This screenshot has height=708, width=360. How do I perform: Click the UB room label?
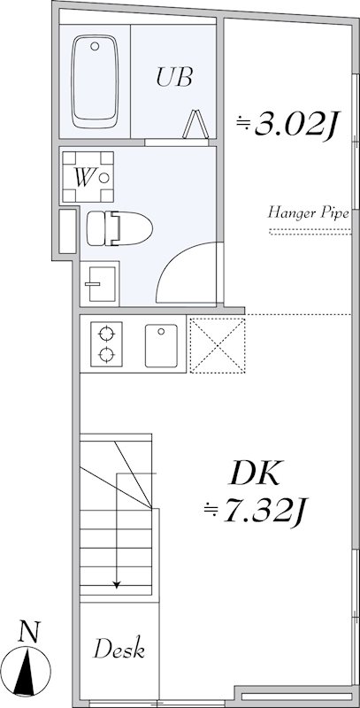click(174, 77)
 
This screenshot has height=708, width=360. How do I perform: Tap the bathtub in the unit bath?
click(94, 80)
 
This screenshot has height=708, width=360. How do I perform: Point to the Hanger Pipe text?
click(307, 213)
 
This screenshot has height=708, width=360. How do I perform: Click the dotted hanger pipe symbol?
click(308, 233)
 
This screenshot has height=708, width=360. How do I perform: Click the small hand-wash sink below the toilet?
click(96, 283)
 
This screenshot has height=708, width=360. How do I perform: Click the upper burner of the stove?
click(106, 335)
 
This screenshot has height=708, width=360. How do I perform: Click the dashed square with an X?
click(217, 343)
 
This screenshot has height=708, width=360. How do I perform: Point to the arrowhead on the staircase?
click(116, 583)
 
